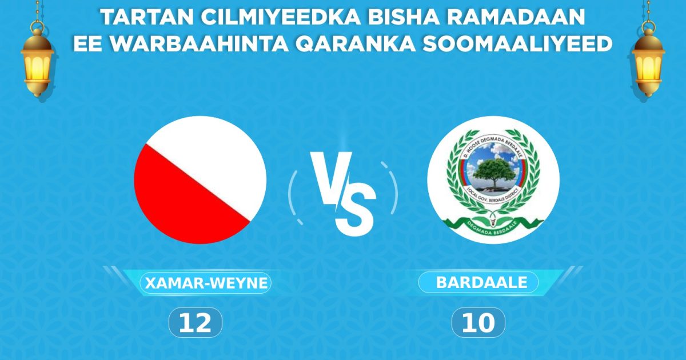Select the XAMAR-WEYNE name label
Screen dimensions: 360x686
click(x=206, y=283)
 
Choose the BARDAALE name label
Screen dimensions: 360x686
click(x=478, y=282)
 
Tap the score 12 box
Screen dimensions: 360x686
click(x=195, y=323)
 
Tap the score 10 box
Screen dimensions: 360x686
click(x=478, y=323)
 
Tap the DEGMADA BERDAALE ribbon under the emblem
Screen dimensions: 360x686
click(x=493, y=226)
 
